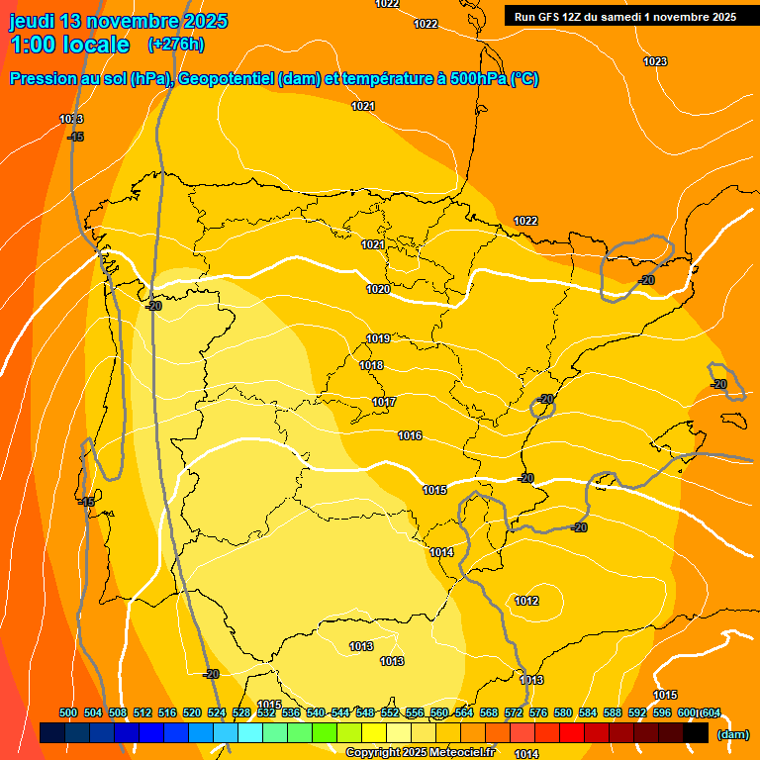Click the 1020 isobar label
pos(378,289)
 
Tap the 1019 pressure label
pos(378,338)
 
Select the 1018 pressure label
pos(371,365)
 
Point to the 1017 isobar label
pos(384,402)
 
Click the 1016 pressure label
pos(410,435)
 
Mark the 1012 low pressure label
pos(526,601)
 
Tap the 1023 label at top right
pos(655,61)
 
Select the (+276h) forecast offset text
pos(175,45)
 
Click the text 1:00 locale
pos(69,45)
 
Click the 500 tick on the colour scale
pos(68,712)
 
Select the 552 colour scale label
pos(390,712)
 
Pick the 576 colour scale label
pos(538,712)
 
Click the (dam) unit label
pos(733,734)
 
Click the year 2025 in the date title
pos(204,21)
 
